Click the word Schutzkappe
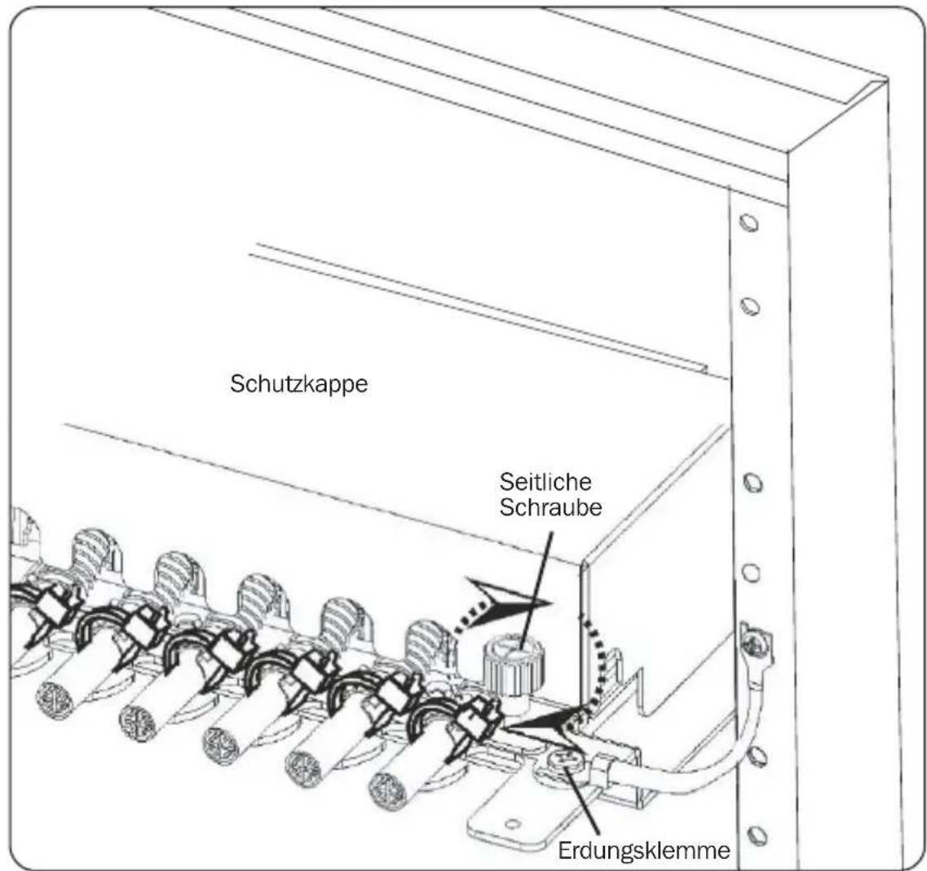[x=298, y=384]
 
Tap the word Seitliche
[x=545, y=482]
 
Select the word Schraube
[x=550, y=507]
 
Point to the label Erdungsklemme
[x=644, y=851]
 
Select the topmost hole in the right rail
[x=748, y=223]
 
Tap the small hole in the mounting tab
[x=513, y=823]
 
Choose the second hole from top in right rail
[x=749, y=307]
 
